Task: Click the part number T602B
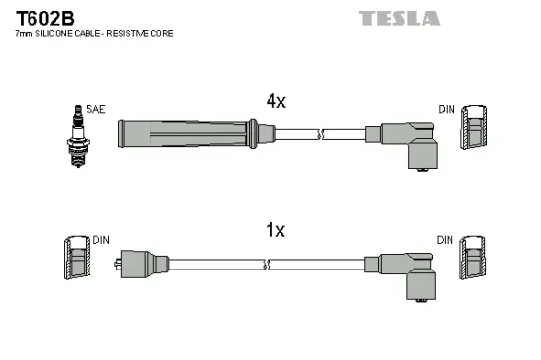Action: [x=41, y=18]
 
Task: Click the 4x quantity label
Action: [x=276, y=99]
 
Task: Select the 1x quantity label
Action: [x=276, y=230]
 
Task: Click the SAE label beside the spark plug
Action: [x=94, y=110]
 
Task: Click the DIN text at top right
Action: [x=446, y=110]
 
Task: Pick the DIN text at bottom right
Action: [x=446, y=240]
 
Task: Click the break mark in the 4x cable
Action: [x=319, y=134]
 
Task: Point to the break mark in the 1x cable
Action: [x=266, y=264]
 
